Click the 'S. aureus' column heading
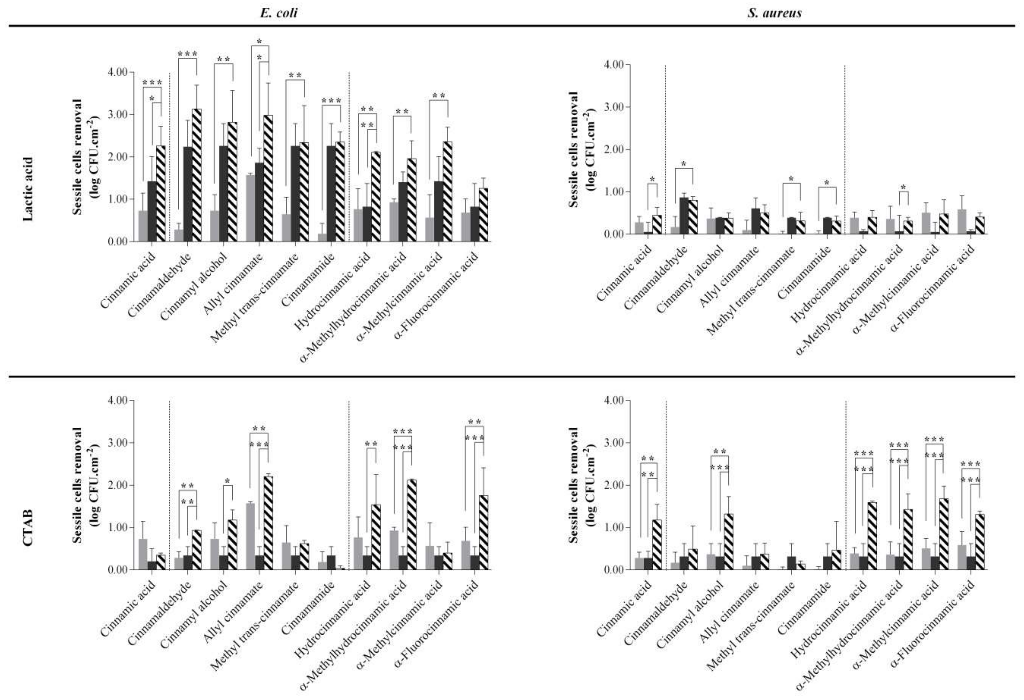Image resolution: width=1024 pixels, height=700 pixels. point(774,13)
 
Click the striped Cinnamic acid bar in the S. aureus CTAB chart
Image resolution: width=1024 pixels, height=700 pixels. point(657,545)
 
